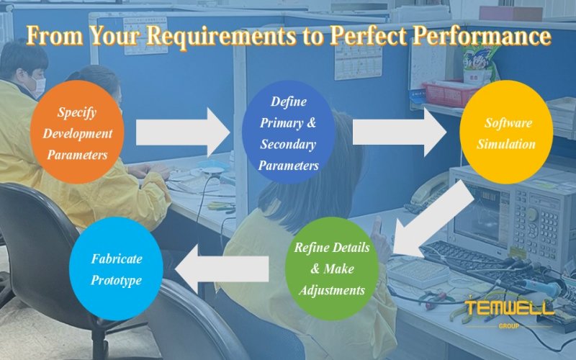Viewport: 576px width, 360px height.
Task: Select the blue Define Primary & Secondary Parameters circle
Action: coord(288,133)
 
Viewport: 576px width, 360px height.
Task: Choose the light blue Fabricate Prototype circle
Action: coord(116,269)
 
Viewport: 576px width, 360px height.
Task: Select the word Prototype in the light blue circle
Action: coord(116,280)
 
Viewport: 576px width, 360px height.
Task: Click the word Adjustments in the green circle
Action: coord(331,291)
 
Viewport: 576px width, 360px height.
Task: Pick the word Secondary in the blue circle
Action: coord(288,144)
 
